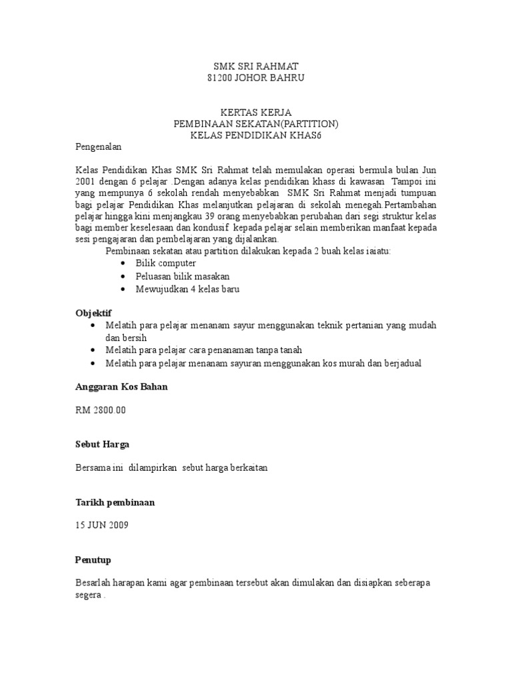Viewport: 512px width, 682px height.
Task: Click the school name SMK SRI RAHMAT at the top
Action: point(256,67)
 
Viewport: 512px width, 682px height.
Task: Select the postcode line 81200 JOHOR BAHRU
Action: point(256,79)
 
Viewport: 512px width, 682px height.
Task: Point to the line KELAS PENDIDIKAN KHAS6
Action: point(256,135)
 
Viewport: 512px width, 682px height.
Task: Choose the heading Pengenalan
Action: point(99,147)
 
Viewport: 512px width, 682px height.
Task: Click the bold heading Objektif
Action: point(93,312)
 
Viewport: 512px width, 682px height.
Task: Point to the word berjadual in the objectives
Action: point(399,363)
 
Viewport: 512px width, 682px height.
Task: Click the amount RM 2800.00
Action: point(101,410)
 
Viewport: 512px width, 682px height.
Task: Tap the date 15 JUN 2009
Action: point(102,525)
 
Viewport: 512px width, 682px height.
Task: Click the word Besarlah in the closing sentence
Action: point(96,583)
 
